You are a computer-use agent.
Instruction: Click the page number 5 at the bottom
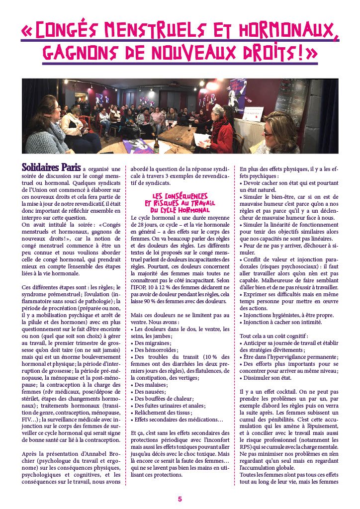pyautogui.click(x=180, y=499)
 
